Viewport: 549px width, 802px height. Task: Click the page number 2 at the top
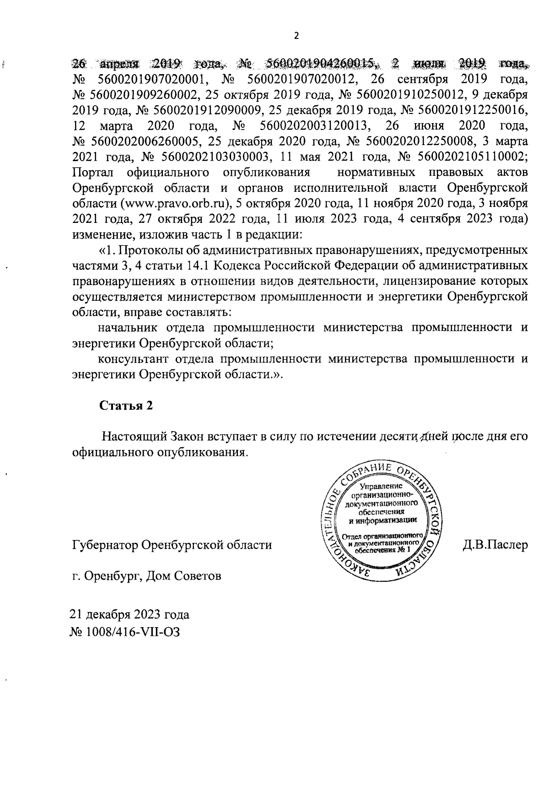pyautogui.click(x=296, y=37)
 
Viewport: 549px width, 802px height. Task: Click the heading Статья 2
pyautogui.click(x=126, y=406)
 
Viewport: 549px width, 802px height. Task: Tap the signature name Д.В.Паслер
pyautogui.click(x=495, y=545)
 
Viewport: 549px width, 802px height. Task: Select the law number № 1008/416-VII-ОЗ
pyautogui.click(x=124, y=632)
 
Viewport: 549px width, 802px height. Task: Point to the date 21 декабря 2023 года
pyautogui.click(x=129, y=614)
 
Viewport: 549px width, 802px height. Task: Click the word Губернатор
pyautogui.click(x=105, y=545)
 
